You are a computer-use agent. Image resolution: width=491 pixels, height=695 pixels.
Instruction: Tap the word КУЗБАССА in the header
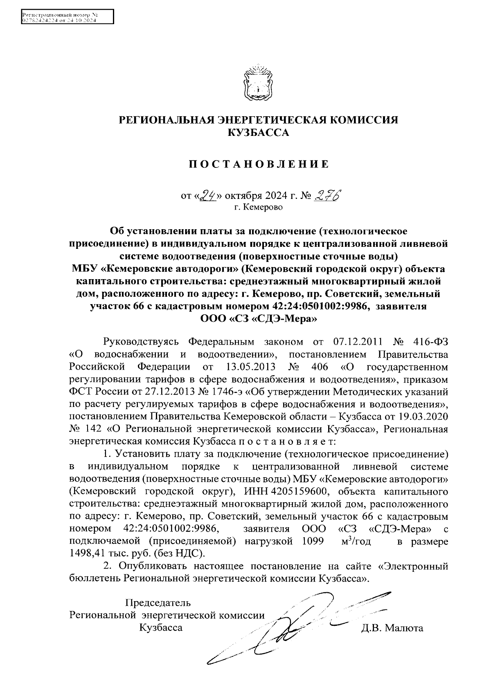tap(258, 133)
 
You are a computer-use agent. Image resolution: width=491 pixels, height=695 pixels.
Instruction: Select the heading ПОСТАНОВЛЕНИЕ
tap(258, 165)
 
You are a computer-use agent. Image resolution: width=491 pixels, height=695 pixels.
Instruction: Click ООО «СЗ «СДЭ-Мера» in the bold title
tap(258, 318)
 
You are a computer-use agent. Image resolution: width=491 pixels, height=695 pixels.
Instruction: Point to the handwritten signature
tap(299, 626)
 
